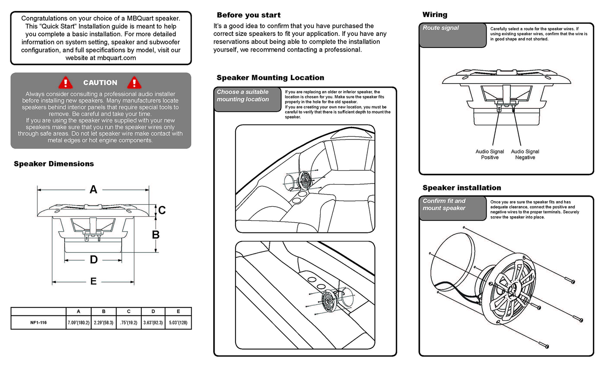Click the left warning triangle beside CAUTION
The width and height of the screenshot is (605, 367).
click(65, 82)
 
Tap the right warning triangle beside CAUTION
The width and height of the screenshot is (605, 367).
click(134, 82)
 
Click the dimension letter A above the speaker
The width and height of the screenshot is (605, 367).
click(93, 190)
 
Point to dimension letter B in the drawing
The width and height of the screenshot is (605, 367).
click(155, 235)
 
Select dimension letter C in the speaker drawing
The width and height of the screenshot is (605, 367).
click(162, 210)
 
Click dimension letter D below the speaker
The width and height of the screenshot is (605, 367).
click(93, 260)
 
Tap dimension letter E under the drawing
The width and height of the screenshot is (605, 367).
click(93, 281)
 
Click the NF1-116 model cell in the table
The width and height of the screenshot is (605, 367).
click(39, 323)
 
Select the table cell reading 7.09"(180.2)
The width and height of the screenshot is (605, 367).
click(79, 323)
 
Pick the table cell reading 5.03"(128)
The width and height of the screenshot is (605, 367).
click(178, 323)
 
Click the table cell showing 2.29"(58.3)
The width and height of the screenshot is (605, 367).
click(104, 323)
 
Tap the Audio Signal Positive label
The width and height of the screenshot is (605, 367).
click(490, 154)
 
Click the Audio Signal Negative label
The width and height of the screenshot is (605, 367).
click(525, 154)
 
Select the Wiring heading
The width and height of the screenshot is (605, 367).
click(435, 15)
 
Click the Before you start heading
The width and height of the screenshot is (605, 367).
click(248, 15)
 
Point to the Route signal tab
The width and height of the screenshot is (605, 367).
click(453, 35)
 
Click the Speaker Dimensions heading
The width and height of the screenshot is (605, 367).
click(54, 164)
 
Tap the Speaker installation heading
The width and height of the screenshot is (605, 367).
click(462, 188)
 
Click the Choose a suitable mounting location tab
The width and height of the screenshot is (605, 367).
click(247, 99)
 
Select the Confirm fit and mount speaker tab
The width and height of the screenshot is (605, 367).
click(453, 208)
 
